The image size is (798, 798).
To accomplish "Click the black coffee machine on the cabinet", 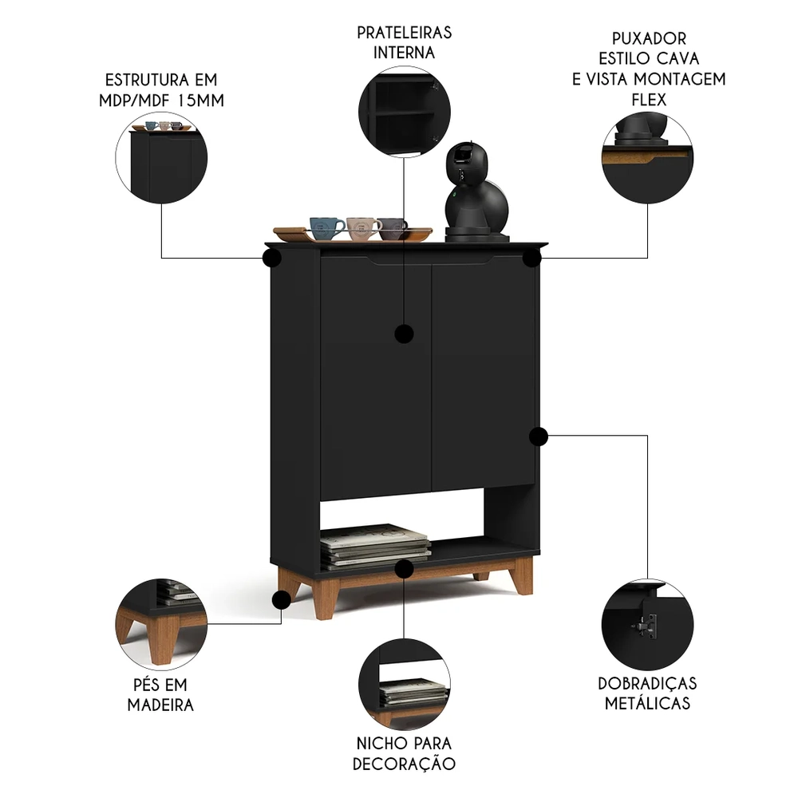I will coord(476,192).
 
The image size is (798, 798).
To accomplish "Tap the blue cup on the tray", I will coord(326,227).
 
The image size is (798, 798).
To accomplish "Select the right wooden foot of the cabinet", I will coord(523,575).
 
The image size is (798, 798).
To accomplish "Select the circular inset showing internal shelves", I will coord(404,113).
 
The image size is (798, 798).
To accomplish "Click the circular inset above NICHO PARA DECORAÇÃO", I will coord(404,684).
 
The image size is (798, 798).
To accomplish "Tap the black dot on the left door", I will coord(405,333).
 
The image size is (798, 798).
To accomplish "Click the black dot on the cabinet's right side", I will coord(539,436).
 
